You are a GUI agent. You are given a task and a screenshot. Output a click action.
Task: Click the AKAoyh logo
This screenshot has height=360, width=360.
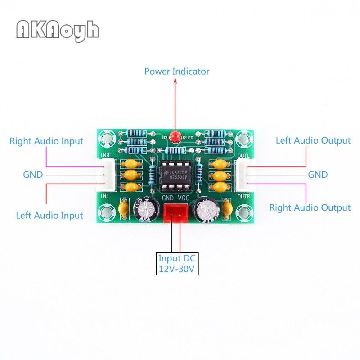(57, 30)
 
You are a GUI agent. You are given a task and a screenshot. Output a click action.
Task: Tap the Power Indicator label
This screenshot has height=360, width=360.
(176, 71)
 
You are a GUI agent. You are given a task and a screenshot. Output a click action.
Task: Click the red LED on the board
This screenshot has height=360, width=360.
(177, 135)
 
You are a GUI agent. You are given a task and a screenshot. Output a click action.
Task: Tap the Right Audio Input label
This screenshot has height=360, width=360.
(46, 141)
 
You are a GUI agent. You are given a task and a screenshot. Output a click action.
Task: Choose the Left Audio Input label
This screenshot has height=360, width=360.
(49, 215)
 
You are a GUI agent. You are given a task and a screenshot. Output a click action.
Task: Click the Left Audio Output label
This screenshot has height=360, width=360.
(313, 140)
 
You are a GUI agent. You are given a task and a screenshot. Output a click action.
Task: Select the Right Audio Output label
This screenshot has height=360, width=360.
(310, 207)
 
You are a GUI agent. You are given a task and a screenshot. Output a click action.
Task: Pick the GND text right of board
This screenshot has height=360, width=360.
(318, 174)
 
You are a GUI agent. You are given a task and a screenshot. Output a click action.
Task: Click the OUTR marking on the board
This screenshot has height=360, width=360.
(243, 196)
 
